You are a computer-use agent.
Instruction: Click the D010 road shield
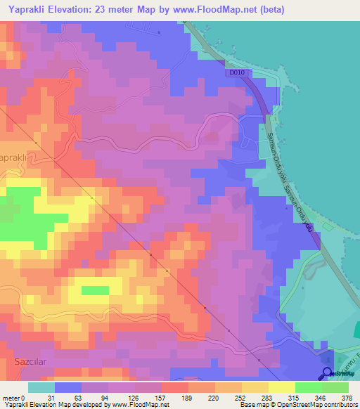coord(236,71)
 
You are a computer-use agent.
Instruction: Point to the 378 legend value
coord(347,398)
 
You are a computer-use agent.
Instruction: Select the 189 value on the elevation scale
coord(168,398)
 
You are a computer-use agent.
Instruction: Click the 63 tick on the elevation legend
coord(78,398)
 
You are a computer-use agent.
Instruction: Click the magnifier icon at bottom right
coord(328,373)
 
